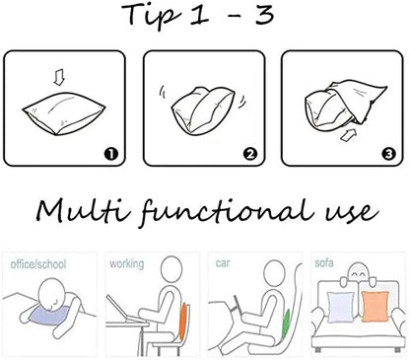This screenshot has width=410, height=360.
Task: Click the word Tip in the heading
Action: click(152, 16)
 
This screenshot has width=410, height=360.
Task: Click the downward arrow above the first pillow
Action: click(59, 78)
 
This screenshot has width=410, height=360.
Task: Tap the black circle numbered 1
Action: click(111, 154)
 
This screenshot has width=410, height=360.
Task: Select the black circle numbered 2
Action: click(250, 154)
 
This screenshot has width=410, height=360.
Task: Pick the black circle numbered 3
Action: click(388, 154)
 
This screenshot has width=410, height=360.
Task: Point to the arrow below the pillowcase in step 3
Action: click(348, 135)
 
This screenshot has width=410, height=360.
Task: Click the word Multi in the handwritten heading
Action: click(83, 209)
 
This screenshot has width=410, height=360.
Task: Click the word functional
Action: click(228, 211)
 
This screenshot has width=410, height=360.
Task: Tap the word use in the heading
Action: click(352, 213)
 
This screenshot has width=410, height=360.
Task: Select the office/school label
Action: click(38, 264)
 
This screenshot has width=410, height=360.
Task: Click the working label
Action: click(127, 264)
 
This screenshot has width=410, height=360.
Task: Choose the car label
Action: click(223, 263)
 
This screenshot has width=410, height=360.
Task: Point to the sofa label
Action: click(324, 263)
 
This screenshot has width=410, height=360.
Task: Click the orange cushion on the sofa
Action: click(375, 306)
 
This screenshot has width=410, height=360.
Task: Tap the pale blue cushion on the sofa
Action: click(341, 307)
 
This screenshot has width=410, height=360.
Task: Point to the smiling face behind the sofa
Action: click(358, 272)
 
